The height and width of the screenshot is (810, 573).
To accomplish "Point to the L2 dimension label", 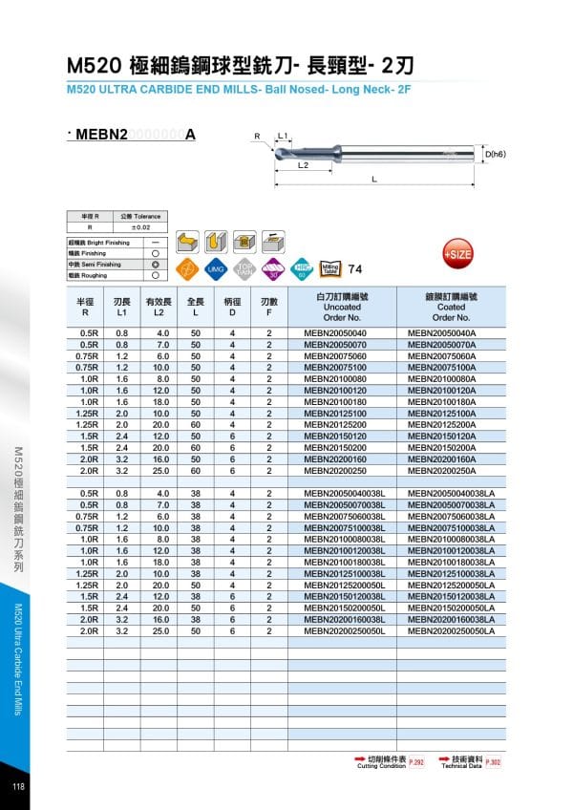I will tap(302, 165).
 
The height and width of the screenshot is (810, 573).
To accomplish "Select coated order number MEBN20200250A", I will tap(442, 470).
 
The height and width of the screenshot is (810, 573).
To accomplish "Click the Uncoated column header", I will tap(341, 308).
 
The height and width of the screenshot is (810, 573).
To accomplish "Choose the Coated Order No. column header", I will tap(450, 308).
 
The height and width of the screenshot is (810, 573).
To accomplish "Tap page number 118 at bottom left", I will tap(18, 786).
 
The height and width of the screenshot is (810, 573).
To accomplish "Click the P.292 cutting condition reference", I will tap(415, 761).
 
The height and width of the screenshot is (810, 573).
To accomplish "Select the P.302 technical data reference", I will tap(493, 761).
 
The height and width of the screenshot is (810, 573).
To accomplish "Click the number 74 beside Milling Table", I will tap(356, 268).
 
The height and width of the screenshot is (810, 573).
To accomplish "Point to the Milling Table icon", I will tap(330, 268).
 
